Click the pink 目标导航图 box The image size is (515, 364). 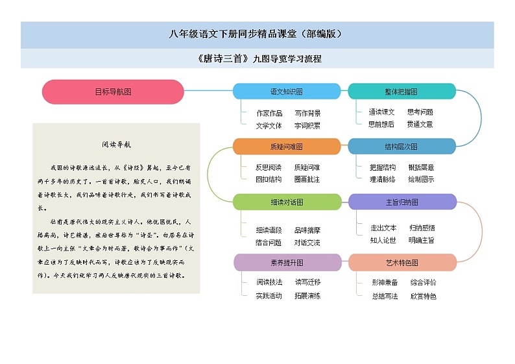click(113, 92)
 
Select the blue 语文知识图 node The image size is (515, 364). click(286, 91)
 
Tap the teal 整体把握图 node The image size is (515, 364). click(401, 91)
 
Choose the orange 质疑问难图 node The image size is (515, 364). click(286, 147)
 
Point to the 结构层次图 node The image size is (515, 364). click(401, 147)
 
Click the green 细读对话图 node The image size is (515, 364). click(286, 202)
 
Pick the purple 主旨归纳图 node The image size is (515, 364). click(402, 202)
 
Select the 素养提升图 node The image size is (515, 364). click(286, 263)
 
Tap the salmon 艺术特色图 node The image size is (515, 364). click(402, 263)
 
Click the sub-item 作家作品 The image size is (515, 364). click(269, 113)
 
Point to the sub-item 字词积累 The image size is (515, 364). click(307, 125)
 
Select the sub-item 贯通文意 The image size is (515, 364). click(420, 124)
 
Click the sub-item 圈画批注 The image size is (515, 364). click(307, 179)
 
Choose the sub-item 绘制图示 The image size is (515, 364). click(421, 179)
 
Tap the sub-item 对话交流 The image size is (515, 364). click(307, 243)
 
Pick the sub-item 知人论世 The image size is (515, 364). click(383, 240)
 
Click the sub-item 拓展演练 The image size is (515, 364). click(307, 296)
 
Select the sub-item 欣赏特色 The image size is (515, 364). click(423, 297)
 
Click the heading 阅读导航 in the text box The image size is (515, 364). click(117, 145)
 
